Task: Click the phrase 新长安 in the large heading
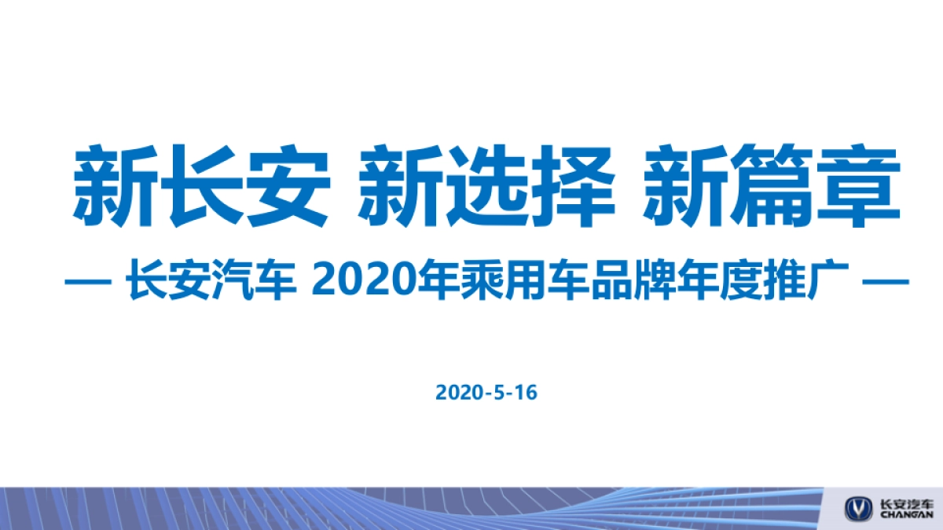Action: pyautogui.click(x=200, y=185)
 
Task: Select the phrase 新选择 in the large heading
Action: pyautogui.click(x=486, y=185)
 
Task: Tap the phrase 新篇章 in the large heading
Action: pyautogui.click(x=771, y=185)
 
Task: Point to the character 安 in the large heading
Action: pyautogui.click(x=285, y=185)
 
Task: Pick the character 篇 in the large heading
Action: pyautogui.click(x=771, y=185)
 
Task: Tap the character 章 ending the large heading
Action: pyautogui.click(x=857, y=185)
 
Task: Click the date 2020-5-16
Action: pyautogui.click(x=486, y=393)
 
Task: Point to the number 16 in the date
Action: pyautogui.click(x=527, y=393)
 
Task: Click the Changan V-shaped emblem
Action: pyautogui.click(x=858, y=508)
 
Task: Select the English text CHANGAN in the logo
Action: pyautogui.click(x=907, y=516)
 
